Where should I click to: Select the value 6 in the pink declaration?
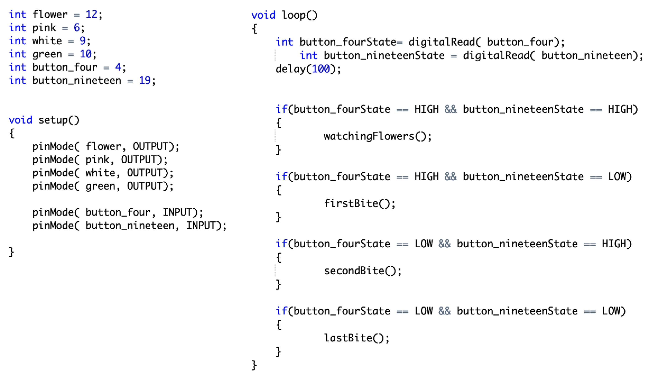tap(77, 27)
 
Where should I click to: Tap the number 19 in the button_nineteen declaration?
tap(145, 80)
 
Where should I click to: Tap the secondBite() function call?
tap(362, 271)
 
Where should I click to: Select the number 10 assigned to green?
tap(85, 54)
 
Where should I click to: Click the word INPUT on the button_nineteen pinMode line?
tap(201, 226)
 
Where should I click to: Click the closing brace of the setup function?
tap(11, 252)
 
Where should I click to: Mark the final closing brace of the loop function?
tap(254, 365)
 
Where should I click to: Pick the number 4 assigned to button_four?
tap(118, 67)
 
